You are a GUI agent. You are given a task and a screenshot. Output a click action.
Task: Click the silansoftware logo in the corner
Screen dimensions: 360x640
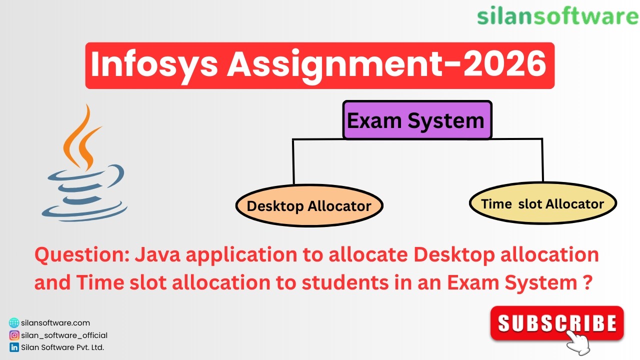click(x=557, y=16)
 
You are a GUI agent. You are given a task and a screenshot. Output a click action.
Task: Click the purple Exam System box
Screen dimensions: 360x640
click(x=417, y=120)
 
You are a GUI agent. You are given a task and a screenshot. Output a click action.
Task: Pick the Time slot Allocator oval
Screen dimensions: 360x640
click(x=542, y=204)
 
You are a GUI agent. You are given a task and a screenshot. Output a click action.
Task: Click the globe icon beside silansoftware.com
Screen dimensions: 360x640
click(x=14, y=323)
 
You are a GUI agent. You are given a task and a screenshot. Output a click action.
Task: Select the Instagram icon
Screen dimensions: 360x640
click(x=14, y=335)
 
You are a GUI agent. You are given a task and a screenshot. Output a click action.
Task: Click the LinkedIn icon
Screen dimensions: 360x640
click(x=14, y=347)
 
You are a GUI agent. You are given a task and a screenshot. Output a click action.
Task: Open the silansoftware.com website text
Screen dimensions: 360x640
click(x=55, y=323)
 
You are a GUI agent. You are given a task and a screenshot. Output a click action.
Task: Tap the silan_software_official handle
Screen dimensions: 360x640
click(x=64, y=335)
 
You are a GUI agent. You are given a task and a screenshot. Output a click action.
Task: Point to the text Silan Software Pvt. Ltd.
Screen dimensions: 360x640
click(x=62, y=347)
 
